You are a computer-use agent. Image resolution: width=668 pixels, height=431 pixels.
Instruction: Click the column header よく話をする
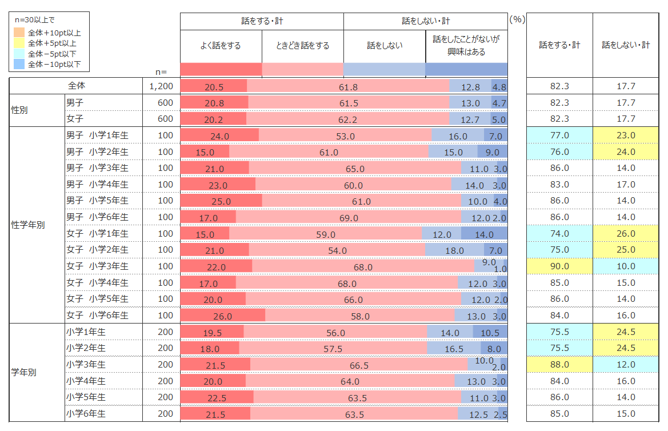coord(221,46)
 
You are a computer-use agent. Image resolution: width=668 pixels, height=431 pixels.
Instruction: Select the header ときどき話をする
coord(303,46)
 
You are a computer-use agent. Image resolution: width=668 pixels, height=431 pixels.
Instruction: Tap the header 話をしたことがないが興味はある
coord(466,46)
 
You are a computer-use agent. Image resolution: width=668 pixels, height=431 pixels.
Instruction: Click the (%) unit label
coord(517,19)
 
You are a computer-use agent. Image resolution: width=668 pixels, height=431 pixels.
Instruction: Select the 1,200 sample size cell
coord(161,86)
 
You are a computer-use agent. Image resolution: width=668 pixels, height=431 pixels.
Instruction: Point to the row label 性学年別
coord(28,225)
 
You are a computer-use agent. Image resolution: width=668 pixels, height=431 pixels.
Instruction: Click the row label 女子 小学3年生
coord(97,266)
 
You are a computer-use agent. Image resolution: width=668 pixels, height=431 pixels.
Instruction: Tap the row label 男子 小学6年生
coord(97,217)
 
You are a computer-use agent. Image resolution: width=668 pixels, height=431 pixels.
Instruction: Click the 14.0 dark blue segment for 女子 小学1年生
coord(484,234)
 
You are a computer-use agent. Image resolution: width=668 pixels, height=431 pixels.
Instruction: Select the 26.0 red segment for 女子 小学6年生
coord(222,316)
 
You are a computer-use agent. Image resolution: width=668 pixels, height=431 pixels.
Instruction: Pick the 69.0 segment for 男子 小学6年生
coord(348,217)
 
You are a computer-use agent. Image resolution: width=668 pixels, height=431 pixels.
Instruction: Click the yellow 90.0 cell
coord(559,266)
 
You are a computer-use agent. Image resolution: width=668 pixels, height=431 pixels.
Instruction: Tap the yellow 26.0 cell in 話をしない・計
coord(626,234)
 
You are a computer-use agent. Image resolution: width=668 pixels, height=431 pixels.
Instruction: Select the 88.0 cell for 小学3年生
coord(559,365)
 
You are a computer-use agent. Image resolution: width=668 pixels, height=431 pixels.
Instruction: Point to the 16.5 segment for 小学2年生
coord(454,348)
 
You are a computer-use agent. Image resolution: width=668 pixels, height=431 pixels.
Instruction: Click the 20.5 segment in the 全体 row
coord(213,86)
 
